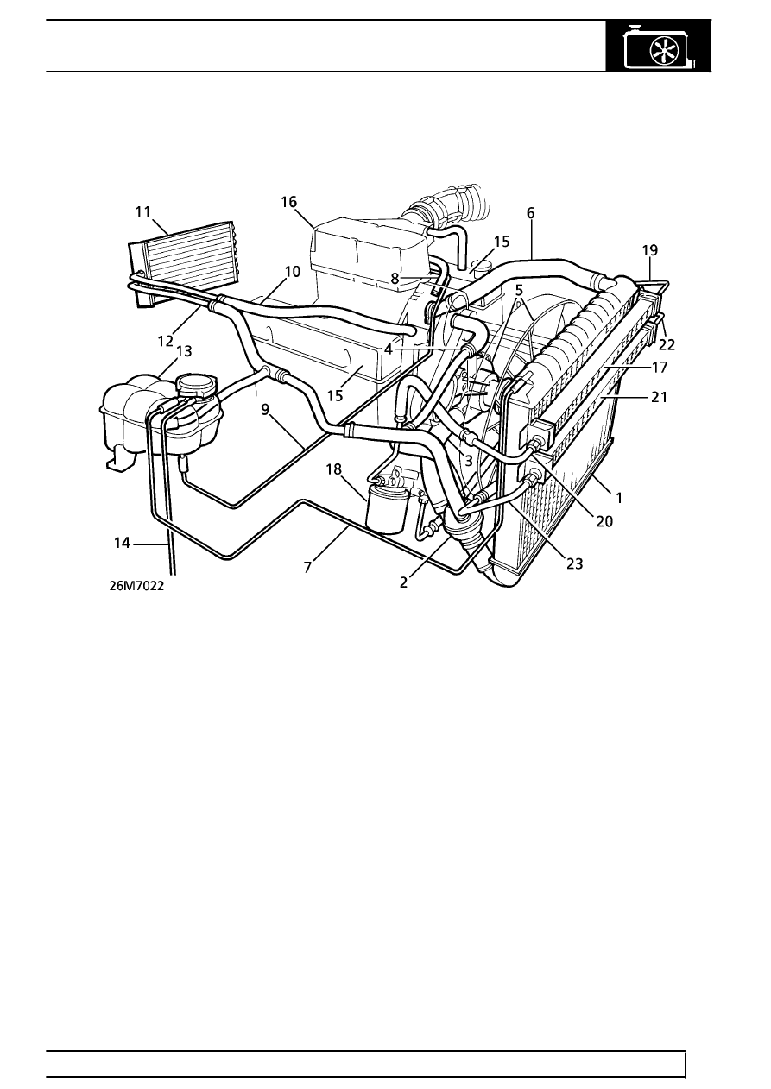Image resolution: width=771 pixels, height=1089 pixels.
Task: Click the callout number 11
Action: tap(142, 212)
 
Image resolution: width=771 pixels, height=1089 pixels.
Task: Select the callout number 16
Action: tap(288, 202)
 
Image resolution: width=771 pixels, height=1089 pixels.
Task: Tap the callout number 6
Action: tap(530, 213)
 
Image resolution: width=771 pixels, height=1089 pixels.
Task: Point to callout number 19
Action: tap(650, 250)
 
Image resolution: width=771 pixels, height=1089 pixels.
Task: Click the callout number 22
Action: tap(667, 344)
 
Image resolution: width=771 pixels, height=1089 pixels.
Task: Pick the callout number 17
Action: tap(659, 367)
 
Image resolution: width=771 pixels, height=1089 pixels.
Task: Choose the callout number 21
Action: tap(659, 397)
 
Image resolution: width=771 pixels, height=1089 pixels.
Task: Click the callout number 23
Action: tap(574, 563)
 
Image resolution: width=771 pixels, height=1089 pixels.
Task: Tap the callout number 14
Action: tap(122, 543)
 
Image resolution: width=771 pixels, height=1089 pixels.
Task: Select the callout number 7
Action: tap(307, 567)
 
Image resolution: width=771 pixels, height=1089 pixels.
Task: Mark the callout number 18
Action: tap(333, 469)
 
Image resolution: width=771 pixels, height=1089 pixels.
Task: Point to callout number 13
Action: tap(184, 351)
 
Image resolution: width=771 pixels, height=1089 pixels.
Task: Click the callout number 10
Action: tap(293, 271)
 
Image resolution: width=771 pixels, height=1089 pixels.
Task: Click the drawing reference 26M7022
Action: tap(136, 586)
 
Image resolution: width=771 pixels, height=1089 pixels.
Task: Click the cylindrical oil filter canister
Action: tap(386, 508)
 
